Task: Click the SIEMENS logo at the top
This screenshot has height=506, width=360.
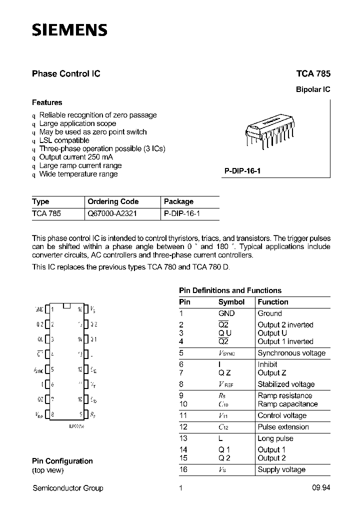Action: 69,30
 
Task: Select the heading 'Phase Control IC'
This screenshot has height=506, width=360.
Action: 66,73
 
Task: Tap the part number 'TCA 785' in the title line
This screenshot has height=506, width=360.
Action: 313,73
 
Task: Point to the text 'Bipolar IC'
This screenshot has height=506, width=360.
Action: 313,90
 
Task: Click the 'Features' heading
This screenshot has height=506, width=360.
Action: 47,102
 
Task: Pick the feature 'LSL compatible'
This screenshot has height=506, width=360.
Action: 64,140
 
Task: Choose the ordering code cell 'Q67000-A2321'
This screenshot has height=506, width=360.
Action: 112,213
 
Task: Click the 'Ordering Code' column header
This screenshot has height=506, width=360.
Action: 113,201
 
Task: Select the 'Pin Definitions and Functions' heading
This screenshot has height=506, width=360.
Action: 230,290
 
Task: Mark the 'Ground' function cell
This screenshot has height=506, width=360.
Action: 269,313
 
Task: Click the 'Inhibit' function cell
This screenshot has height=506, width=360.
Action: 268,364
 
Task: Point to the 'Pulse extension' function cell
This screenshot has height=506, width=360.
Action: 283,427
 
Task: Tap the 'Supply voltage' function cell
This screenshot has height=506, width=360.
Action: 281,469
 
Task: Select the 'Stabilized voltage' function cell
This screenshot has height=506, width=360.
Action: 286,384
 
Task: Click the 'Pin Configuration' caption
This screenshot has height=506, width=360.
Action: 62,461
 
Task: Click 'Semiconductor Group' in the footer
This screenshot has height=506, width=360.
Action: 67,488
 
